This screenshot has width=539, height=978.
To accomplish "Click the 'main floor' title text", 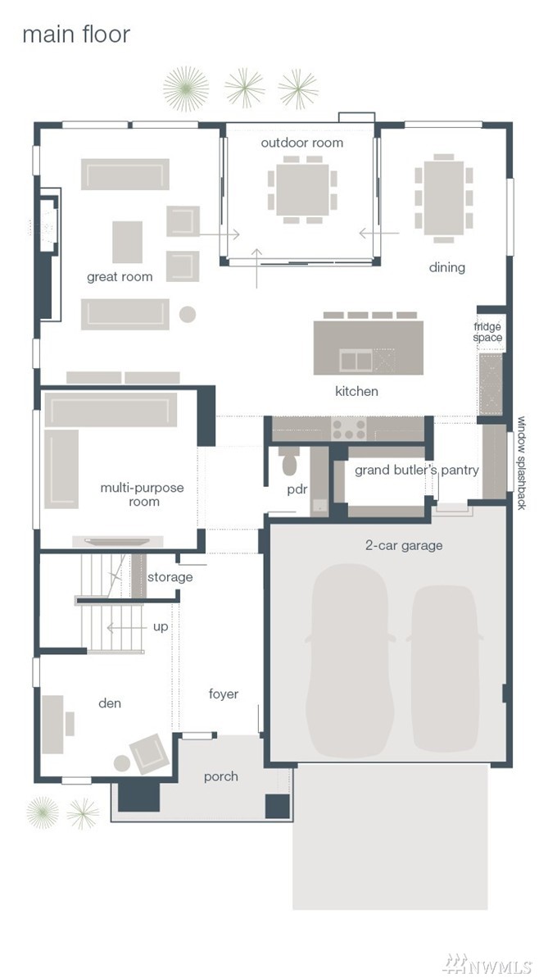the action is pos(76,34).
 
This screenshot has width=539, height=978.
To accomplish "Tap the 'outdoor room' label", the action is pos(301,143).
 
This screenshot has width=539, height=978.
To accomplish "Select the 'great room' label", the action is pos(120,277).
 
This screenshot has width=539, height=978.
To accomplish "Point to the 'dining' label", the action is pos(446,267).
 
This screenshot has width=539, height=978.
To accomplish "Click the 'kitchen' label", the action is pos(356,391).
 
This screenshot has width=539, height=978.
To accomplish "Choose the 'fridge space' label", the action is pos(487,332).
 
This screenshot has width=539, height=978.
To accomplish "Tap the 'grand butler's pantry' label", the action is pos(417,471).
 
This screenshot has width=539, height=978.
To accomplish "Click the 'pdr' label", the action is pos(297,489).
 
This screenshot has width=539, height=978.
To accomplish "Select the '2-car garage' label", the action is pos(404,545).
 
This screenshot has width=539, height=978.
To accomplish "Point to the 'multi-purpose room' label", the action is pos(142,494).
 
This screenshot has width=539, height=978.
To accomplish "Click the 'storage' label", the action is pos(170,578).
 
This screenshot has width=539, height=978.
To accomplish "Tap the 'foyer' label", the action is pos(224,694).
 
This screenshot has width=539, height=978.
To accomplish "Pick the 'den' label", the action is pos(110,703).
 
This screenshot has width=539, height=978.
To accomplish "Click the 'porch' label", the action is pos(220,776).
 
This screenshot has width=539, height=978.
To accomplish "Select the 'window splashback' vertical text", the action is pos(522,463).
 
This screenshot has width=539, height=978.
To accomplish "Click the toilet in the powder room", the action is pos(290,461).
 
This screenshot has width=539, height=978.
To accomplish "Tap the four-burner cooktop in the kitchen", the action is pos(345,429).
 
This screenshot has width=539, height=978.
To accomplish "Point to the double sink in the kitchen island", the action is pos(356,360).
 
